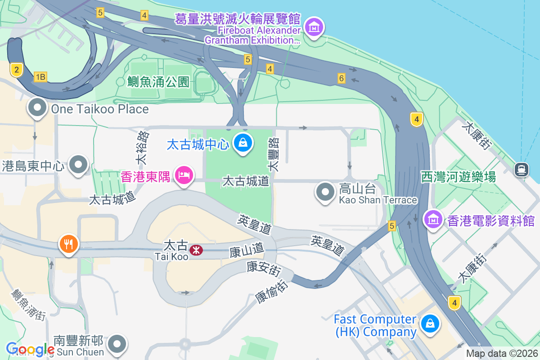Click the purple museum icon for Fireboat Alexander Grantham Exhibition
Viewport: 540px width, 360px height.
pyautogui.click(x=315, y=27)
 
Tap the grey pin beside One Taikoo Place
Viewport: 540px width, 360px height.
pyautogui.click(x=37, y=108)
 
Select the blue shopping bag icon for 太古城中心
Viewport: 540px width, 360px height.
pyautogui.click(x=243, y=143)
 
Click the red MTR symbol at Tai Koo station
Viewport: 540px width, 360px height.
pyautogui.click(x=196, y=250)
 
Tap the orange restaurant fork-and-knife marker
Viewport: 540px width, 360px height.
pyautogui.click(x=68, y=244)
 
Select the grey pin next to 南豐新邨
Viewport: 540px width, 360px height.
pyautogui.click(x=117, y=344)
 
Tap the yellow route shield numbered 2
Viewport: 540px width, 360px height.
pyautogui.click(x=16, y=69)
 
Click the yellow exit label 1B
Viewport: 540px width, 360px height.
pyautogui.click(x=40, y=77)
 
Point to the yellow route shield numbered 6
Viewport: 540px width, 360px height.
pyautogui.click(x=342, y=78)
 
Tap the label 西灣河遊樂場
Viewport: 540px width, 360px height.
pyautogui.click(x=459, y=177)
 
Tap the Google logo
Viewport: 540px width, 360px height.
pyautogui.click(x=30, y=349)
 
